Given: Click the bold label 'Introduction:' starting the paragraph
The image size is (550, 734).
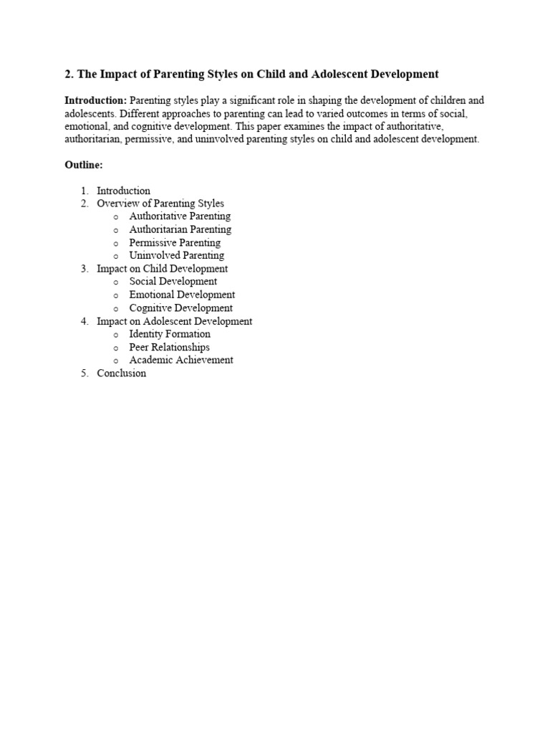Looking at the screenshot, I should point(96,101).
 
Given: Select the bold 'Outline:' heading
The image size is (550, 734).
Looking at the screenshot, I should point(84,165).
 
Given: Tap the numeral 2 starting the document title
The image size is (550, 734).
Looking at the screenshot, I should point(68,75).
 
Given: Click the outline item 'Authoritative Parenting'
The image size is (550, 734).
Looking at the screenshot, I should point(180,216).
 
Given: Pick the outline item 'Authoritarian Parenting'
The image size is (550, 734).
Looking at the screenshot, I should point(180,229).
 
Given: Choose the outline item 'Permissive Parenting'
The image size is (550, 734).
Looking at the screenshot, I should point(175,242).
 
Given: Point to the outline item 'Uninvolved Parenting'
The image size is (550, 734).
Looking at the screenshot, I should point(176,255).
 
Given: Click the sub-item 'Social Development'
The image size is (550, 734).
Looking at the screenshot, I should point(173,282).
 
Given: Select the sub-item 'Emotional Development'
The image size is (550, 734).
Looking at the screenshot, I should point(182,295).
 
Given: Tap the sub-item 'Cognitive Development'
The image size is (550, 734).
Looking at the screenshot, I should point(180,308).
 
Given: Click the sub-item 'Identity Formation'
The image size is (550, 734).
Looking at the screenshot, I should point(170,334).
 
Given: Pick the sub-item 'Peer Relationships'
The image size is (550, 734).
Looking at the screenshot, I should point(169,347).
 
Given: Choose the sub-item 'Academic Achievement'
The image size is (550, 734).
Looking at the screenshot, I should point(181,360).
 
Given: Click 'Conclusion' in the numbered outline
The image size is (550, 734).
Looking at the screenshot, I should point(121,373).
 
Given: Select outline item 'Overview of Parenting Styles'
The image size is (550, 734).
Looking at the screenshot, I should point(160,204).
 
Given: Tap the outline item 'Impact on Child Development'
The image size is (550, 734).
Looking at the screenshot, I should point(162,269).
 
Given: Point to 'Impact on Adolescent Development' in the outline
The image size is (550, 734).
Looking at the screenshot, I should point(174,321).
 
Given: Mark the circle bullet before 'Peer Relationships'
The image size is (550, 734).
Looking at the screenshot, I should point(115,348).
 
